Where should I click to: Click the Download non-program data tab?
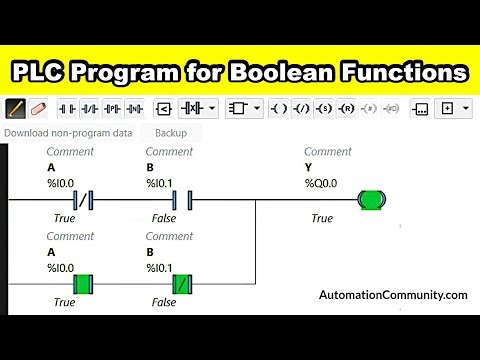click(x=68, y=132)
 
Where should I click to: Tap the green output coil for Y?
click(x=372, y=200)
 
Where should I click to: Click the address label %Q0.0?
click(x=323, y=183)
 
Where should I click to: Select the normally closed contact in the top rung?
click(x=77, y=200)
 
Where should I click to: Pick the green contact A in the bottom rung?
click(x=77, y=284)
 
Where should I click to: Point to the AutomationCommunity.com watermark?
click(x=393, y=295)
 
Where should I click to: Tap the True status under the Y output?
click(x=322, y=218)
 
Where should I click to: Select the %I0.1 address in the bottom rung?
click(x=160, y=268)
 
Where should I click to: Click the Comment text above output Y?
click(x=328, y=152)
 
